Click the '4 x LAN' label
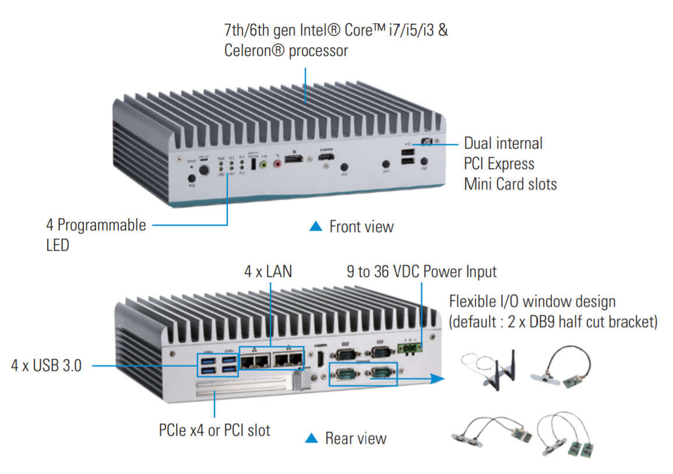point(268,272)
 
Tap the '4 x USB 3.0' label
point(47,366)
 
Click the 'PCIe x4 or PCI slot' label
point(214,430)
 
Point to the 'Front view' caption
point(361,227)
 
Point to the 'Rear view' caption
point(355,438)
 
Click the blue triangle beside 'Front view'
point(315,226)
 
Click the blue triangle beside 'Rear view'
point(312,437)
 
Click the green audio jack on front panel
point(264,165)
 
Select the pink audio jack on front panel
point(277,165)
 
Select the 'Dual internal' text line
point(503,143)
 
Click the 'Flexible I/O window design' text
point(532,301)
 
